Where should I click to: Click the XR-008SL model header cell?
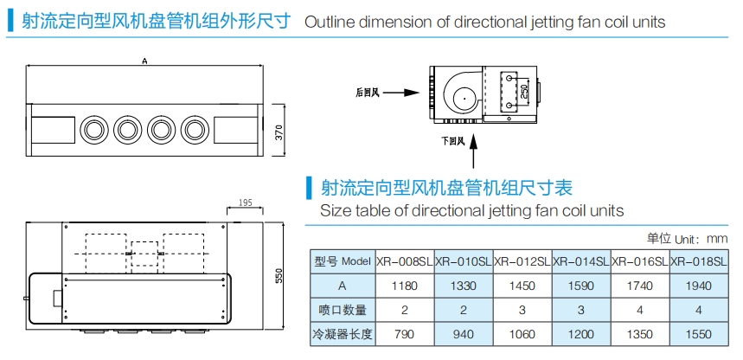pos(404,260)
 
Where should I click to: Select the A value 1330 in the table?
pos(463,285)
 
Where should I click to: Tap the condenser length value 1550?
pos(698,333)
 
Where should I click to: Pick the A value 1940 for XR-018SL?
pos(698,285)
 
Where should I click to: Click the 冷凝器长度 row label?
pos(343,333)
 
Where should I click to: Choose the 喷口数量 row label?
pos(343,309)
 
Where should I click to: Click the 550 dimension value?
pos(279,275)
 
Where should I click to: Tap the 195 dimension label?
pos(243,202)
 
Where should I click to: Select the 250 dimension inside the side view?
pos(523,89)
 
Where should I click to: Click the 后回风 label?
pos(368,90)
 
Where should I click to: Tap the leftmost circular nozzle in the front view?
pos(93,131)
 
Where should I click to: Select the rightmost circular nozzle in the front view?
pos(193,131)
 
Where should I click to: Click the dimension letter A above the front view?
pos(144,61)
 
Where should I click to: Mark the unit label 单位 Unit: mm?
pos(687,238)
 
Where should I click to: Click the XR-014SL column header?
pos(580,260)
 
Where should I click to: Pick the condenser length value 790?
pos(404,333)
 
